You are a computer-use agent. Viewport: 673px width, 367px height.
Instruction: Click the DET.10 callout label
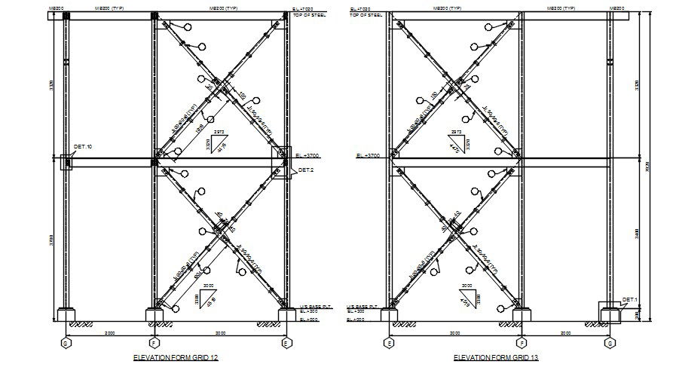point(82,146)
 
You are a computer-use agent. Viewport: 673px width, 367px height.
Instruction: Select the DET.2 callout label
point(305,170)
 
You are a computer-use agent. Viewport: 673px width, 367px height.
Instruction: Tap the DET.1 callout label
point(630,300)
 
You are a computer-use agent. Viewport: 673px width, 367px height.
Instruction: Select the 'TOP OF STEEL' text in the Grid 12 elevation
point(308,16)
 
